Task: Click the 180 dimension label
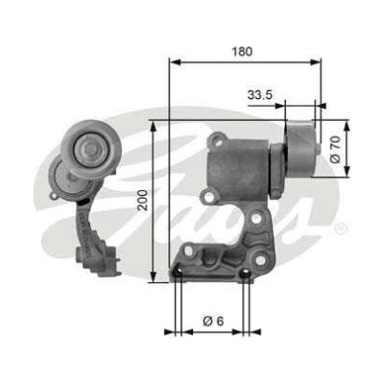[x=242, y=52]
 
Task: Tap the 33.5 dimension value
[x=259, y=94]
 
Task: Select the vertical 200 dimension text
[x=143, y=200]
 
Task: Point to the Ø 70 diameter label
[x=335, y=149]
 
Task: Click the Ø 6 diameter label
[x=213, y=321]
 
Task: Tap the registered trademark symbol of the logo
[x=340, y=228]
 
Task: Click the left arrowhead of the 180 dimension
[x=175, y=62]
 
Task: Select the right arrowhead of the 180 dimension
[x=315, y=62]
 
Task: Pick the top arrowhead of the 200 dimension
[x=154, y=127]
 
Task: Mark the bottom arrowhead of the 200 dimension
[x=154, y=276]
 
